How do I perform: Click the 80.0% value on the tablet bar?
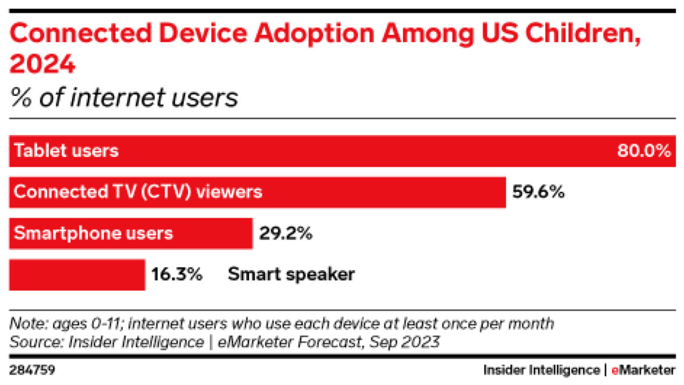click(x=644, y=151)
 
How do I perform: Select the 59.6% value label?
click(x=538, y=192)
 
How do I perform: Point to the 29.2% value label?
click(x=286, y=233)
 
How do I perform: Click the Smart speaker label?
click(x=291, y=275)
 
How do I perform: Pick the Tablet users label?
click(x=66, y=151)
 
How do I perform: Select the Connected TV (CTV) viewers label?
click(x=138, y=192)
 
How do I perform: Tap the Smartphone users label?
click(x=93, y=233)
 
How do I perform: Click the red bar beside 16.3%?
click(x=77, y=275)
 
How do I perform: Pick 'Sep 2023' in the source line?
click(x=411, y=343)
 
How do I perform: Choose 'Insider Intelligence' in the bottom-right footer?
click(x=541, y=370)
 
